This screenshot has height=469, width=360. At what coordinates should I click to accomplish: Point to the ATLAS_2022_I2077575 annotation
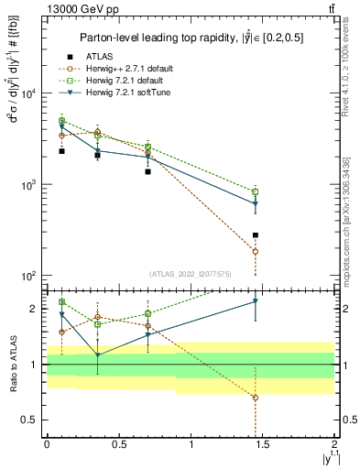(191, 274)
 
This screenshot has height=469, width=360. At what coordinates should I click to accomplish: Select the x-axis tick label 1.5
(263, 444)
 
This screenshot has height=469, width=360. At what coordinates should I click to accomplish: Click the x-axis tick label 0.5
(119, 444)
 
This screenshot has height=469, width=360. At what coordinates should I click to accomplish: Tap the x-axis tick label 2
(335, 444)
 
